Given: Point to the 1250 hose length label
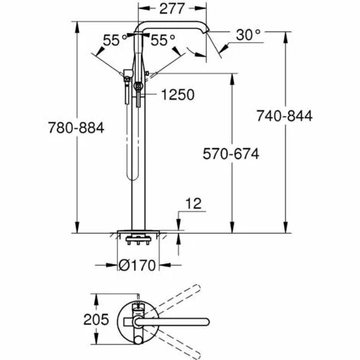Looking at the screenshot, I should pos(175,95).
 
